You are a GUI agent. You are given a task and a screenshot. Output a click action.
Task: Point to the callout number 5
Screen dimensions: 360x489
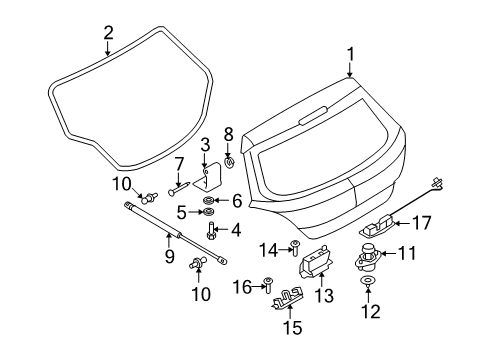coord(182,212)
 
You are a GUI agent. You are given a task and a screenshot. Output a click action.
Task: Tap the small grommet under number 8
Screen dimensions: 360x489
coord(229,161)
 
